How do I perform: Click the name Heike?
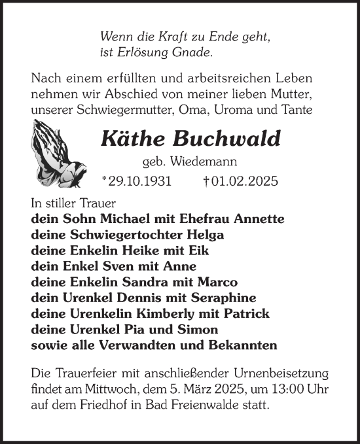pos(149,251)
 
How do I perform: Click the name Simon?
pos(200,330)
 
